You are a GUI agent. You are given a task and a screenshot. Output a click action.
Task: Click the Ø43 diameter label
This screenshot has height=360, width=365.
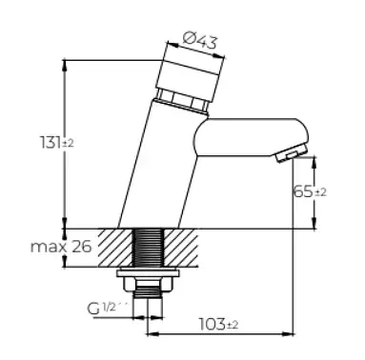coord(200,41)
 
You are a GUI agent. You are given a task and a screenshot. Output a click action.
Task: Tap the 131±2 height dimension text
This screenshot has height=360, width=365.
coord(57,142)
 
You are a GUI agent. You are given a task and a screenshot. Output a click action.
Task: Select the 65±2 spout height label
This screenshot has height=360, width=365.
coord(310,191)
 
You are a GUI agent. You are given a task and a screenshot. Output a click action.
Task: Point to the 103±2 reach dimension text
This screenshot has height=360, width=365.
coord(218,324)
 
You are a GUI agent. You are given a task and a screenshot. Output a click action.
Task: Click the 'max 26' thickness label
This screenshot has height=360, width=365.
coord(61,246)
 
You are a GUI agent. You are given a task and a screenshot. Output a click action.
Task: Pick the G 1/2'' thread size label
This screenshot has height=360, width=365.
coord(107,308)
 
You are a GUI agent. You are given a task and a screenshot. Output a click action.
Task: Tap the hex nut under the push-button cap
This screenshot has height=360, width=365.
coord(182,102)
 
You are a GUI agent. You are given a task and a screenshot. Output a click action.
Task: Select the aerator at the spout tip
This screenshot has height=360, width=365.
coord(292,153)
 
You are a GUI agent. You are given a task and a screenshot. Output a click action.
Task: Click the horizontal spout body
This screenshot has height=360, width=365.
coord(251,137)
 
